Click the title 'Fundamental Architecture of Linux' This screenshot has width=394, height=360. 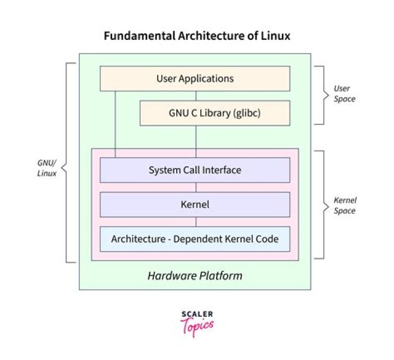196,37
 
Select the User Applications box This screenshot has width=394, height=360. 195,78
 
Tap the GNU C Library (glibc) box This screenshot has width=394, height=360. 215,113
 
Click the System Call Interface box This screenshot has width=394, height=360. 195,170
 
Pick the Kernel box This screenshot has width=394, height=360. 195,205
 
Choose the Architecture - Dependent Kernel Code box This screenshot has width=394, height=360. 195,239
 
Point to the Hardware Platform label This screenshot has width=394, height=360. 195,275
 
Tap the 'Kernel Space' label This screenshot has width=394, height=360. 345,205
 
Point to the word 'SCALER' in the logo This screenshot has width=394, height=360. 196,314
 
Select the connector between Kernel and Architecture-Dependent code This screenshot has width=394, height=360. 196,222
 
